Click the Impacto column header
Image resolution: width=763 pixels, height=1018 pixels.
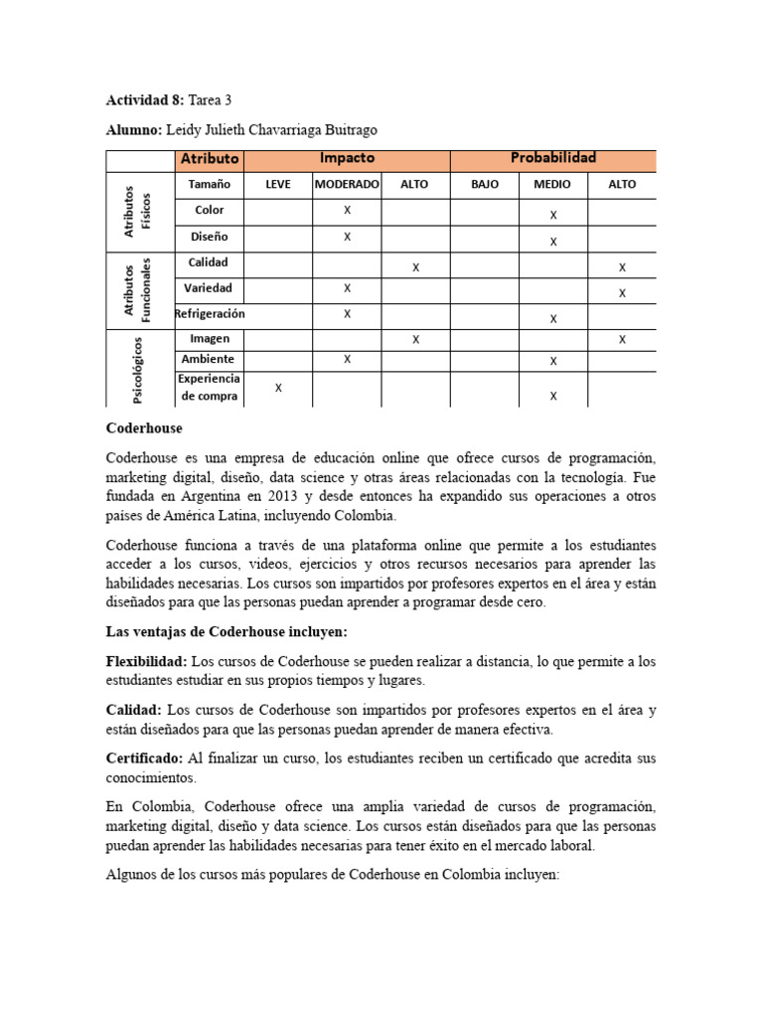pos(347,159)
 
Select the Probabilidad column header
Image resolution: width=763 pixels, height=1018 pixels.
pos(552,159)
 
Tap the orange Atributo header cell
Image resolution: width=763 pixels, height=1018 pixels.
pos(209,159)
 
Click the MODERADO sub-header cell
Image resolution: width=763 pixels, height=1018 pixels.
pos(347,185)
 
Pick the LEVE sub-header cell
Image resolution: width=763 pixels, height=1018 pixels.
pos(278,185)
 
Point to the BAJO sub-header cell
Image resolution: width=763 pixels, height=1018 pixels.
pos(485,185)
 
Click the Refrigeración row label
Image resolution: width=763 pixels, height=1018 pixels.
pos(209,314)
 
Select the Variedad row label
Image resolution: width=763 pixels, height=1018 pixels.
pos(209,288)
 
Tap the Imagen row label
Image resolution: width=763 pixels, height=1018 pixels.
pos(209,339)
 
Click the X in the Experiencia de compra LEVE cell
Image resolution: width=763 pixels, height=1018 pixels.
pos(278,389)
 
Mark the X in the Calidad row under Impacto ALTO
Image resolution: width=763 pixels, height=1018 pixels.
pos(415,267)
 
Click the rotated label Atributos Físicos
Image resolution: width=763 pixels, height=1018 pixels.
pos(138,210)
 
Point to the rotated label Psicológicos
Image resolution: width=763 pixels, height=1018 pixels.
pos(137,369)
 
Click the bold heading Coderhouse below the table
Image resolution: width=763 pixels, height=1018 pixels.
pos(144,427)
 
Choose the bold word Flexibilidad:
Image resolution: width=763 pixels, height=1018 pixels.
pos(146,661)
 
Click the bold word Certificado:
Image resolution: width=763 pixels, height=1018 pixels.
pos(144,758)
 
